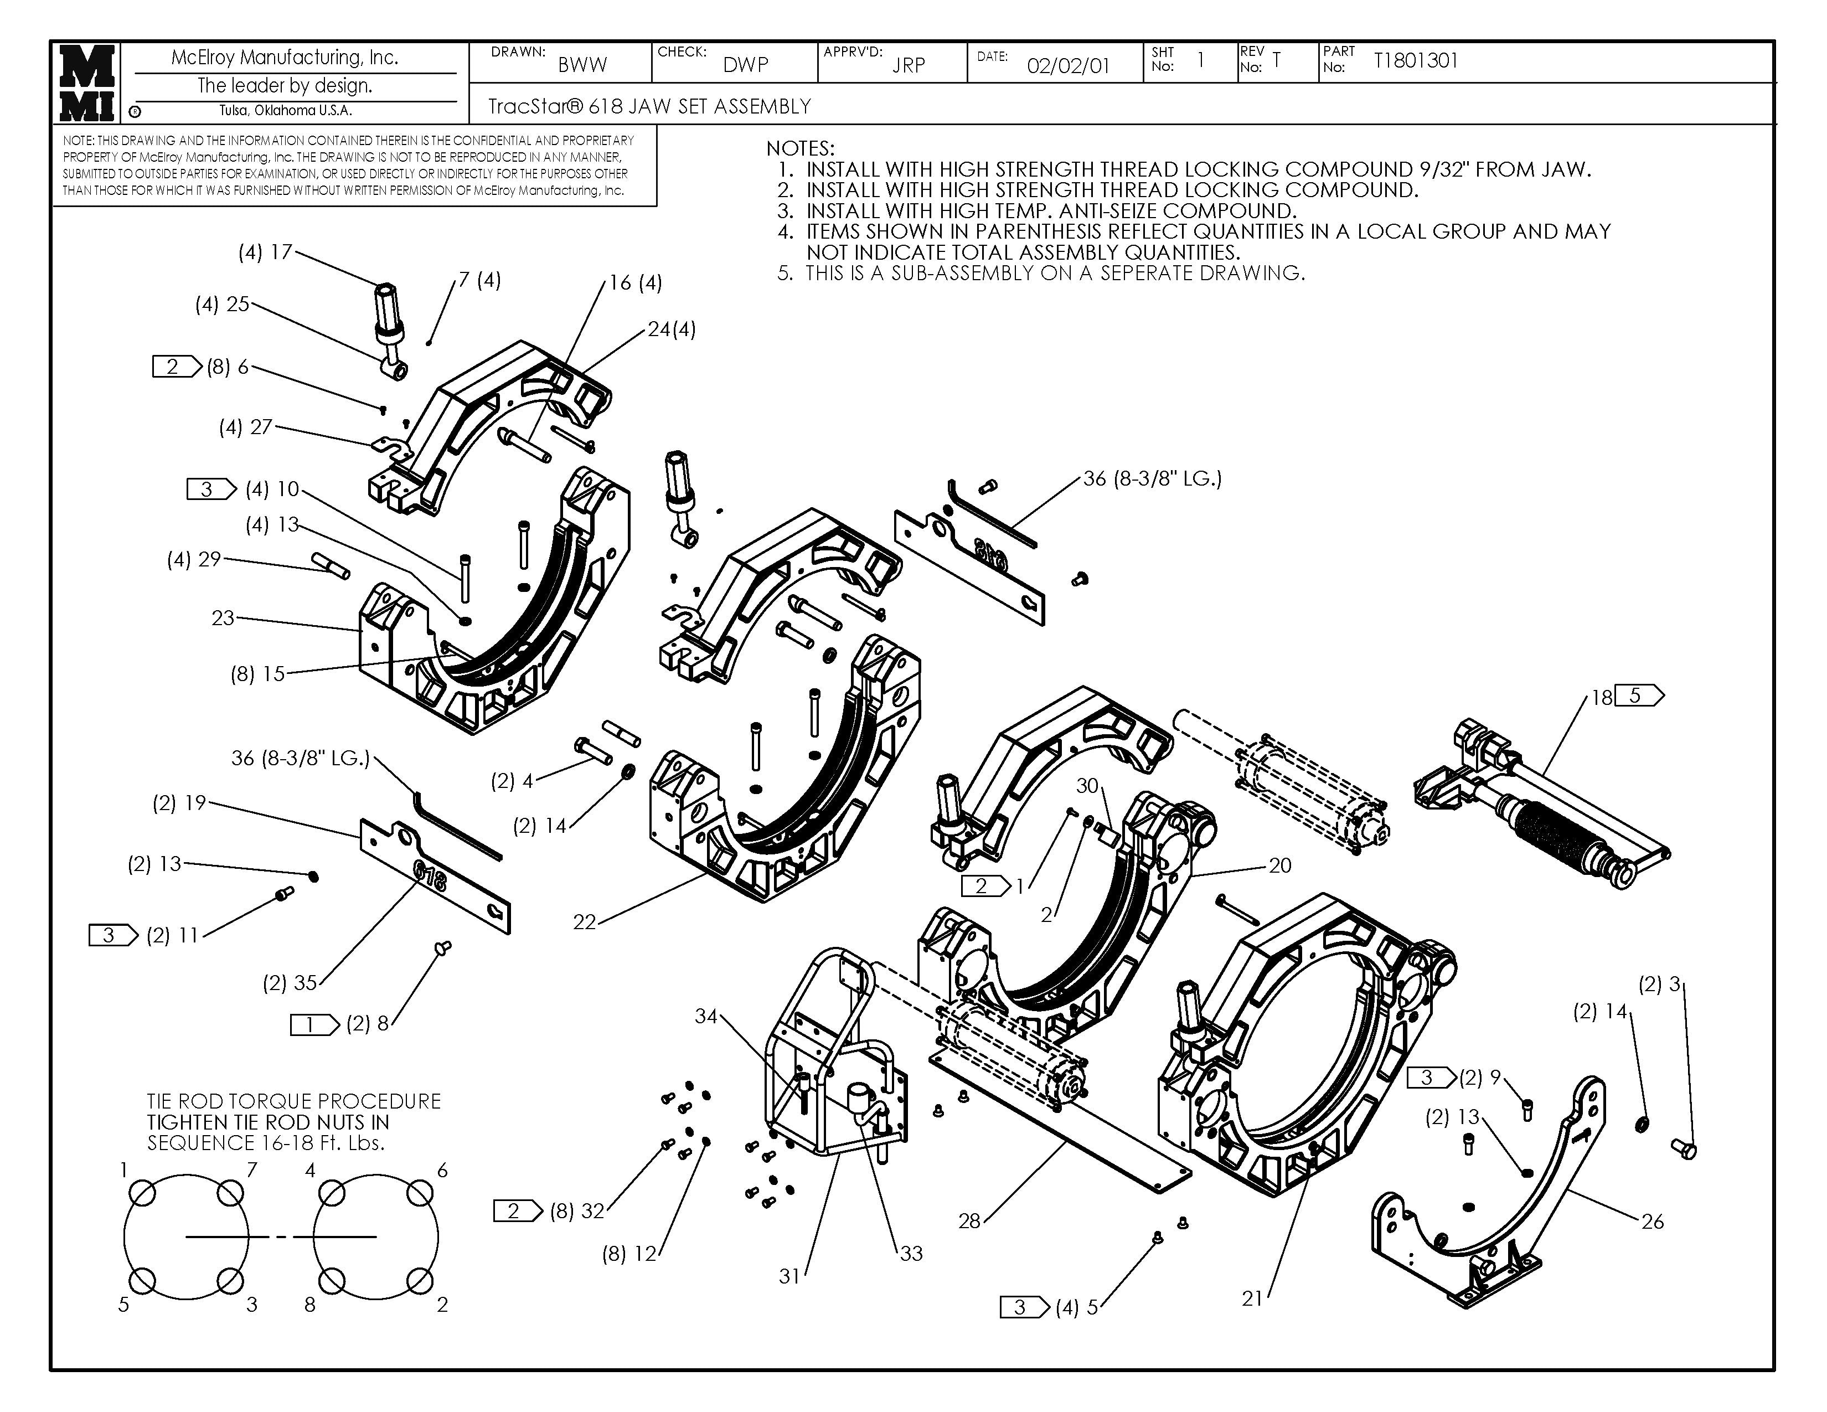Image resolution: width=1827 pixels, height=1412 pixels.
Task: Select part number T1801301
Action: tap(1416, 60)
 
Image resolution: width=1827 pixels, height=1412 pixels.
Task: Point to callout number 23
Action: tap(223, 618)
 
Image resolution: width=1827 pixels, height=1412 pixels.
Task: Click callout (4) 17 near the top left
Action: tap(265, 252)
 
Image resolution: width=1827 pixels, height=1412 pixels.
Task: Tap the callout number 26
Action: tap(1652, 1222)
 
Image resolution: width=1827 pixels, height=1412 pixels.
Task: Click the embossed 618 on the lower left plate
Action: tap(430, 878)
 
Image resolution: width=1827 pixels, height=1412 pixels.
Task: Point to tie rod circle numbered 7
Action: tap(230, 1194)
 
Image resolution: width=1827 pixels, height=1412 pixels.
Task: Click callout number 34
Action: tap(706, 1016)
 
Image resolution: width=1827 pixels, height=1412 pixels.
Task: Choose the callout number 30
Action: tap(1087, 786)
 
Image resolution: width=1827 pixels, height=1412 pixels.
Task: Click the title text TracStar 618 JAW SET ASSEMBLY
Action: tap(649, 106)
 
